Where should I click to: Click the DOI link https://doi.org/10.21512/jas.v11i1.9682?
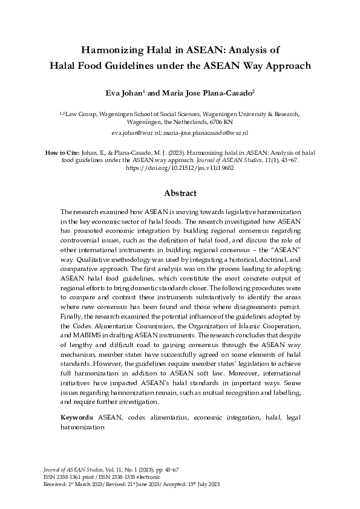tap(180, 168)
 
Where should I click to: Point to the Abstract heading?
tap(180, 193)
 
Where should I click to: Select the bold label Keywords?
tap(77, 418)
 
